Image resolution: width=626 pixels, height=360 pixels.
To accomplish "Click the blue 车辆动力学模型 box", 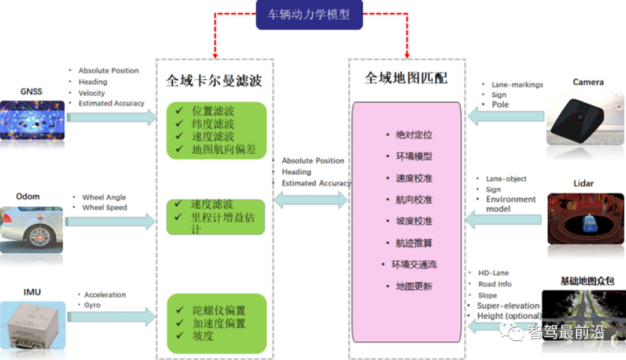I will click(x=309, y=15).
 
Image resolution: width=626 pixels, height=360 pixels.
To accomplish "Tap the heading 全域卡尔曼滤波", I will click(x=214, y=80).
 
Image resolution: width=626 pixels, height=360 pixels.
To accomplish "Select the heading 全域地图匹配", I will click(x=406, y=78).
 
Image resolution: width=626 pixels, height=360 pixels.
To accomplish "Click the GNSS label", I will click(x=31, y=92).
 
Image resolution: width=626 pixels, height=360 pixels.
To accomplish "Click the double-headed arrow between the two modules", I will click(x=310, y=201).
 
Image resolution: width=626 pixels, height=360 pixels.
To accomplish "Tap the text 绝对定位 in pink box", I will click(x=414, y=135).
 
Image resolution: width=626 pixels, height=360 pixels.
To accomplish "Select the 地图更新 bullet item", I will click(x=414, y=286).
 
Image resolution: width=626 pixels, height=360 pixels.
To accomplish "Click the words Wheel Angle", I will click(x=104, y=197).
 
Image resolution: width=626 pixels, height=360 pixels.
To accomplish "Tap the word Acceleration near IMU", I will click(x=105, y=294).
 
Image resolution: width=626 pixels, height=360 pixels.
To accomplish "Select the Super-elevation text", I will click(x=508, y=306).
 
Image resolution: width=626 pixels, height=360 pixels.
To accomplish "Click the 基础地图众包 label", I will click(x=587, y=281).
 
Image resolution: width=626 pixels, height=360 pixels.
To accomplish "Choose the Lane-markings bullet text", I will click(x=517, y=85).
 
